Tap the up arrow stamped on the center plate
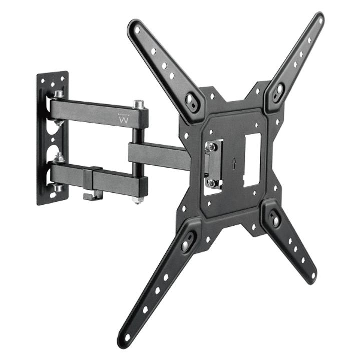tap(234, 163)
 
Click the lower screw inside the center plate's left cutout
tap(212, 182)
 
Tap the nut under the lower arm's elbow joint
tap(136, 200)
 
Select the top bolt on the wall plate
tap(59, 94)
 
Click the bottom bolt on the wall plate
tap(59, 188)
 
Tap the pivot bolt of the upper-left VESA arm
tap(190, 98)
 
